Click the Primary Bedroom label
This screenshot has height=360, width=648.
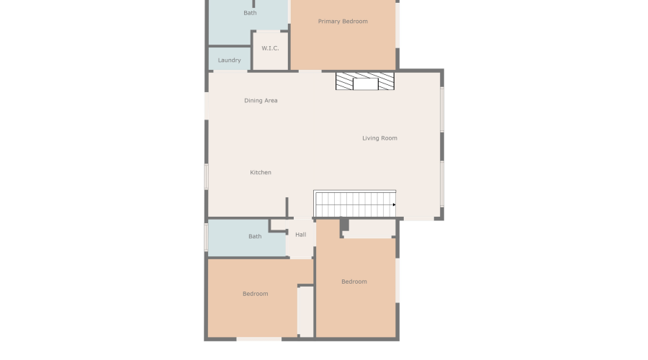[x=343, y=22]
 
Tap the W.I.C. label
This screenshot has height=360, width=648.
[x=270, y=48]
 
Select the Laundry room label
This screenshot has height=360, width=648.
[x=229, y=60]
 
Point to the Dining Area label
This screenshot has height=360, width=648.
[x=261, y=101]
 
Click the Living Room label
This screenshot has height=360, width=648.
[x=379, y=138]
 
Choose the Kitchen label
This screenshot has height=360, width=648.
[x=261, y=173]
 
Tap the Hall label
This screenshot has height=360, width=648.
[x=300, y=235]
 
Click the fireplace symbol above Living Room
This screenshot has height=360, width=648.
[x=365, y=81]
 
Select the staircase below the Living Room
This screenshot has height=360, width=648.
[x=354, y=204]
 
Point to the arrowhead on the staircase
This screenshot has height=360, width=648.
[x=394, y=204]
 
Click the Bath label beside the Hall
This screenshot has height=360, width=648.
[x=255, y=237]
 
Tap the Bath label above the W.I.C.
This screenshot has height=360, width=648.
[x=250, y=13]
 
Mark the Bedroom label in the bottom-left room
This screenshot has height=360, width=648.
[x=255, y=294]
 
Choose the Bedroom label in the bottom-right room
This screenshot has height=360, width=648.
[x=354, y=282]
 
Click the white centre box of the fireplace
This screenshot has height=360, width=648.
[x=365, y=84]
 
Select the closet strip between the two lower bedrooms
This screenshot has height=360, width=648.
[x=306, y=311]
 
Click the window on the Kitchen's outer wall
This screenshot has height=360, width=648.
[x=206, y=176]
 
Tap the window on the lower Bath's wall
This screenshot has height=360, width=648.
[x=206, y=237]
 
